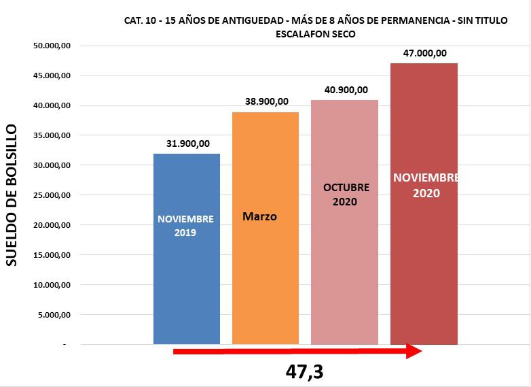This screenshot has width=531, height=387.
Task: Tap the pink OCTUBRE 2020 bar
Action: pyautogui.click(x=344, y=272)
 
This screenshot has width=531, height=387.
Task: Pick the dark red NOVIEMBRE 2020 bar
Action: pyautogui.click(x=424, y=272)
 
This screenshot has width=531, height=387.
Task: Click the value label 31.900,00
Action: pyautogui.click(x=188, y=144)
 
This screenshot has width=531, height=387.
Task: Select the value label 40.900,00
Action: pyautogui.click(x=346, y=90)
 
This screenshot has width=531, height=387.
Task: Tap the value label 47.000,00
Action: pyautogui.click(x=424, y=53)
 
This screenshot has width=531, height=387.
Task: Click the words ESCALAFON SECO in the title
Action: pyautogui.click(x=316, y=33)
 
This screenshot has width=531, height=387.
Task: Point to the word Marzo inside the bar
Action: pyautogui.click(x=260, y=217)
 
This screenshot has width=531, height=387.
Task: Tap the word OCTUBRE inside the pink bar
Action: pyautogui.click(x=346, y=187)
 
